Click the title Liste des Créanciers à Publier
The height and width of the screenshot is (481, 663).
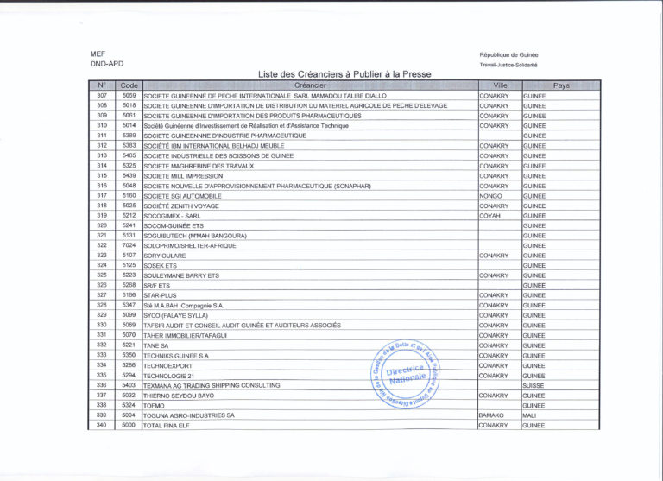344,74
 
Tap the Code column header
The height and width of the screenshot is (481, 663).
129,85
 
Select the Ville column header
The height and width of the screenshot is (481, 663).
499,85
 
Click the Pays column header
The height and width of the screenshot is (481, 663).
560,85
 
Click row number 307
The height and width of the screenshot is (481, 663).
102,95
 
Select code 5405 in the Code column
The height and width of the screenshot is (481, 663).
129,155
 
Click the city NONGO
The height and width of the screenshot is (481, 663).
490,196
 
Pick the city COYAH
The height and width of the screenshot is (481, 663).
490,216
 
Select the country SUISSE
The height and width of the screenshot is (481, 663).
534,385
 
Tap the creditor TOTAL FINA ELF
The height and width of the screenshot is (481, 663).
169,426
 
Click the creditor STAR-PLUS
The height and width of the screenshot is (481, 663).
160,295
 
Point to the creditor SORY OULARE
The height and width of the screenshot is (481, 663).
165,256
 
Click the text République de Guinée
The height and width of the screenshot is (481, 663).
508,54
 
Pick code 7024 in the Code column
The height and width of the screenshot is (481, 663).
129,245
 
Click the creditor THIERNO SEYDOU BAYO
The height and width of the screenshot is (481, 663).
179,396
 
